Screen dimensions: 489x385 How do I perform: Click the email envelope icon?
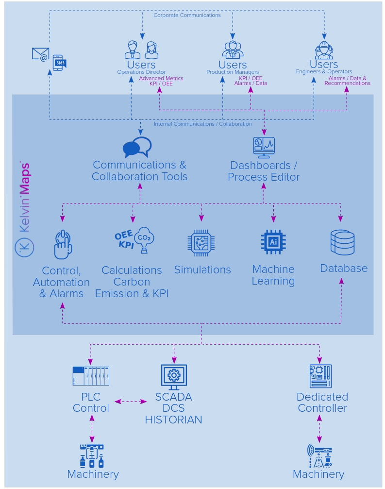40,54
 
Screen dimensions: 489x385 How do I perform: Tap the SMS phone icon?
59,63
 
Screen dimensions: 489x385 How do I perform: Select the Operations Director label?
141,72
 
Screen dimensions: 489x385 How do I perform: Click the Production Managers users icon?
233,50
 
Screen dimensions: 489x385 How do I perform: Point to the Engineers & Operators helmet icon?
324,50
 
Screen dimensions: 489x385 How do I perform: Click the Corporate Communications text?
187,16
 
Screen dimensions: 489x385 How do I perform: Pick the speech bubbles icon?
137,147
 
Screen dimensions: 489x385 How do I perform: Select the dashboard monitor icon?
264,148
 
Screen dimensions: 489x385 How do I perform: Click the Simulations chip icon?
201,243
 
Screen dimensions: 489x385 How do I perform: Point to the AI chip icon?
273,242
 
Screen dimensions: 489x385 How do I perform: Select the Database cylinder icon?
342,242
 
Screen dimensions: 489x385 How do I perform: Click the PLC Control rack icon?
91,376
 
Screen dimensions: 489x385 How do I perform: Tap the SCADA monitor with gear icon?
174,376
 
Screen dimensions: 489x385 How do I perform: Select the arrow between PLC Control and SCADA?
131,402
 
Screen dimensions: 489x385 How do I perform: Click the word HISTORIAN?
173,420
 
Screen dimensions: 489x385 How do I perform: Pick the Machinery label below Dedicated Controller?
318,474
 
